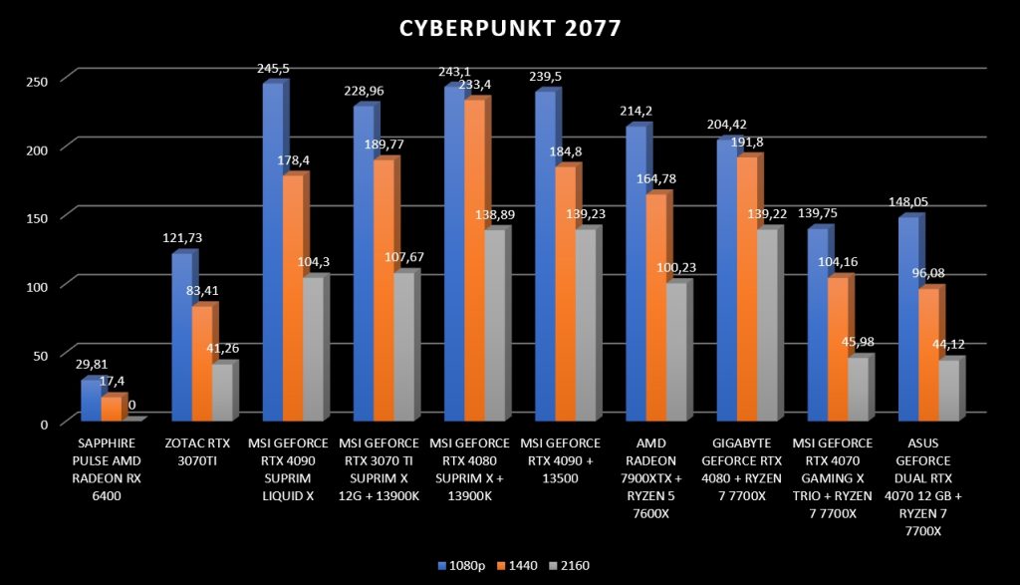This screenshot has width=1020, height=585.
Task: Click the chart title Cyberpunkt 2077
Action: [x=510, y=28]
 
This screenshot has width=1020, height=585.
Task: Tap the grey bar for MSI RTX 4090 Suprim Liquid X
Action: [x=312, y=348]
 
